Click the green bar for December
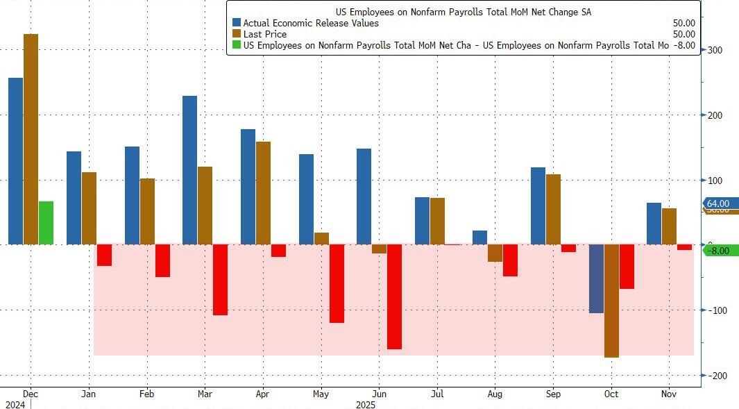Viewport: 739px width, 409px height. click(x=46, y=223)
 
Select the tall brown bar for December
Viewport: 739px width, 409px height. click(x=31, y=139)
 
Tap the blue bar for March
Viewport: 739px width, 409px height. click(x=189, y=170)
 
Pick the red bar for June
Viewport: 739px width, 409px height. click(x=394, y=297)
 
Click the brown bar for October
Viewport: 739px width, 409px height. click(x=611, y=301)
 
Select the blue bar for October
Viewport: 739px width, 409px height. click(x=596, y=278)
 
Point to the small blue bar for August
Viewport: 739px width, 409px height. click(x=479, y=237)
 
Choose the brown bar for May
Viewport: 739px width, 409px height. click(x=321, y=238)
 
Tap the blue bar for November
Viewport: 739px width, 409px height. click(x=654, y=224)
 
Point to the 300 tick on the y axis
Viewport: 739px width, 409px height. click(x=715, y=50)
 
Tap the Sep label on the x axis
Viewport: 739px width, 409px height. click(x=553, y=394)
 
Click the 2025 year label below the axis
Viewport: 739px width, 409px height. click(x=365, y=403)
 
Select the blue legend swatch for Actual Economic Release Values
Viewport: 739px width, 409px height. click(x=237, y=23)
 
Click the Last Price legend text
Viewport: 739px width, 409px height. click(x=264, y=34)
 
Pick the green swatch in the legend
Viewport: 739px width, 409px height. click(x=237, y=45)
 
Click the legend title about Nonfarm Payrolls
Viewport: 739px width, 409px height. click(x=463, y=12)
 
